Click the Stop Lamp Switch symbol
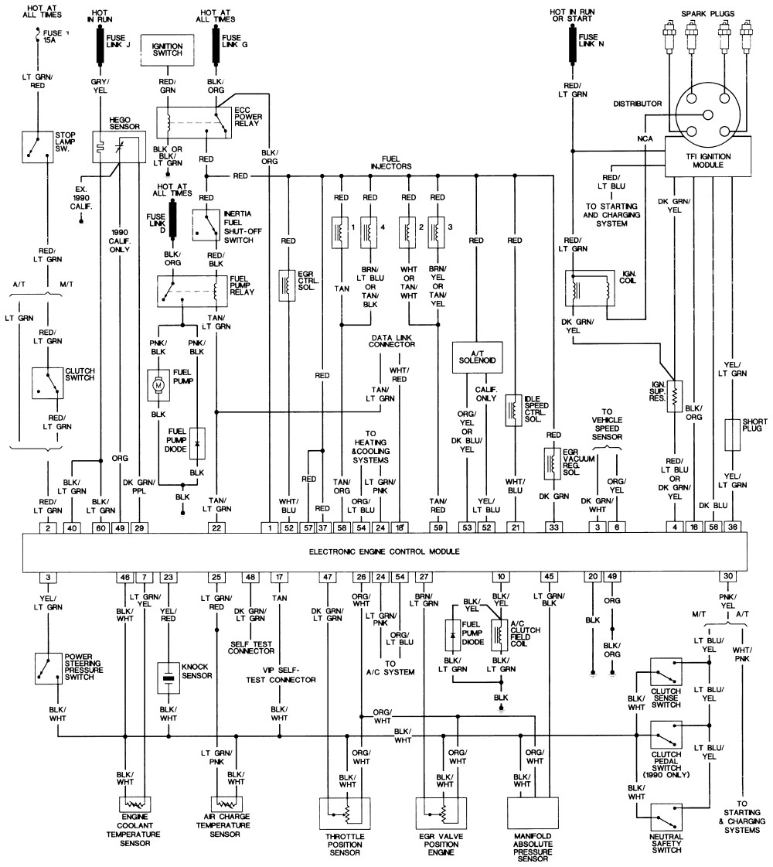pyautogui.click(x=38, y=146)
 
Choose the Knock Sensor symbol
pyautogui.click(x=169, y=678)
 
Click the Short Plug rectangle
pyautogui.click(x=733, y=435)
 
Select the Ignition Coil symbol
pyautogui.click(x=590, y=288)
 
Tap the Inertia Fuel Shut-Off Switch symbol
pyautogui.click(x=206, y=225)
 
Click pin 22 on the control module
pyautogui.click(x=216, y=528)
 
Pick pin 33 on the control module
pyautogui.click(x=553, y=527)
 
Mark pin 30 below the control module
pyautogui.click(x=728, y=576)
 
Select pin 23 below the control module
pyautogui.click(x=169, y=577)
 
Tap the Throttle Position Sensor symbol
pyautogui.click(x=345, y=813)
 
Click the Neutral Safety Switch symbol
pyautogui.click(x=666, y=818)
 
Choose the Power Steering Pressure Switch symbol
pyautogui.click(x=48, y=668)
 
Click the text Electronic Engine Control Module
pyautogui.click(x=384, y=551)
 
